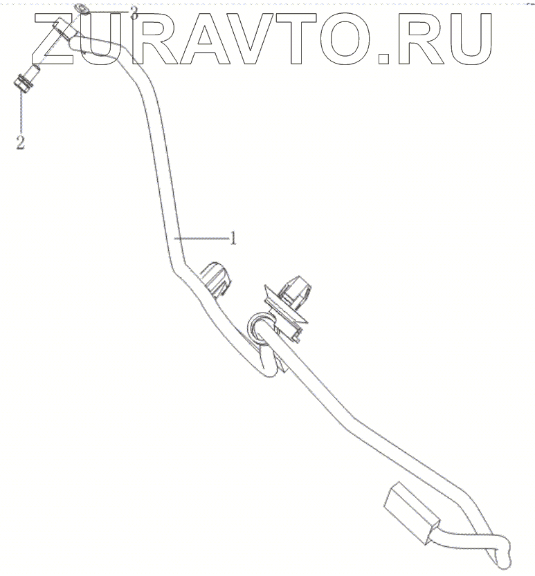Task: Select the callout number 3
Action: coord(134,12)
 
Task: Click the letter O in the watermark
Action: coord(350,38)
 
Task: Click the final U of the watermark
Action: coord(466,38)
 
